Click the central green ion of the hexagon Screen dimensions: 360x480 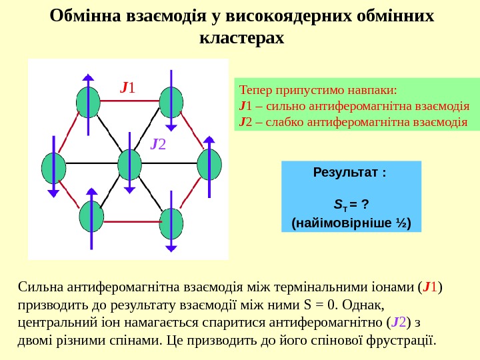[x=129, y=165]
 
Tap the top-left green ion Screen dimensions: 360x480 [x=88, y=102]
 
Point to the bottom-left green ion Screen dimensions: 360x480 [x=91, y=217]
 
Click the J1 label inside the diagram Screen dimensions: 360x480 [x=127, y=87]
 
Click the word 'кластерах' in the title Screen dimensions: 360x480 [x=241, y=38]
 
